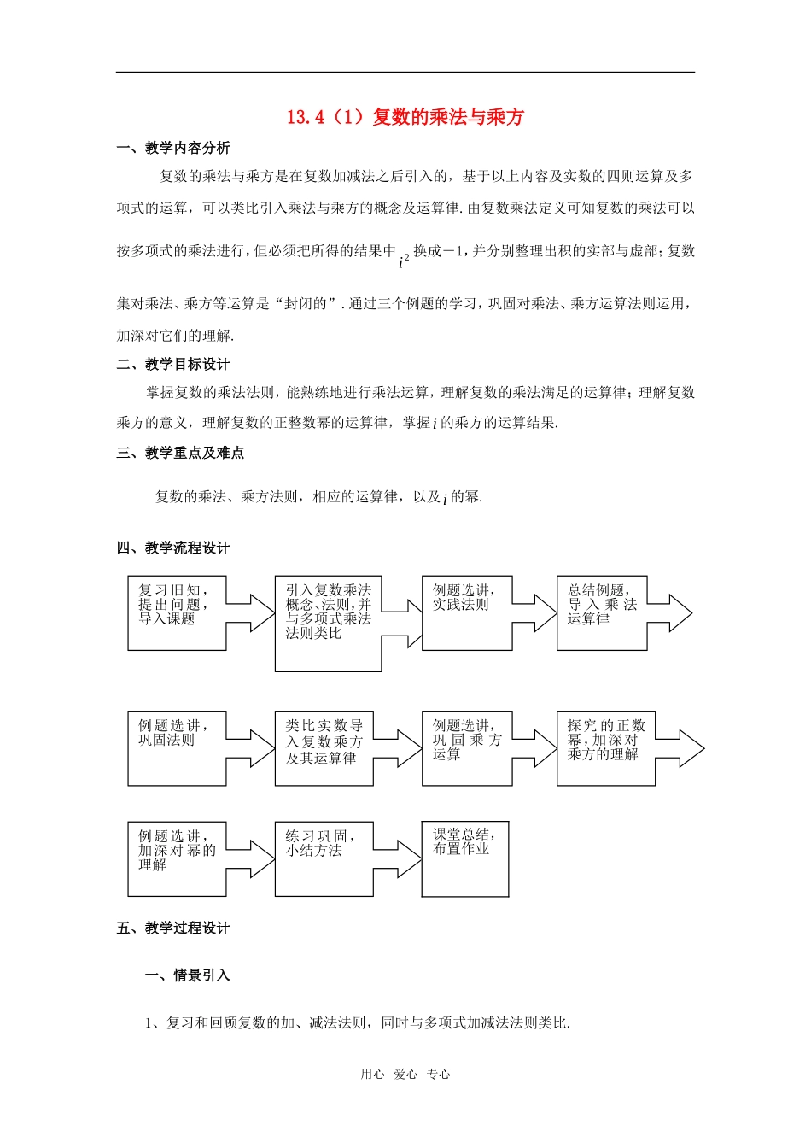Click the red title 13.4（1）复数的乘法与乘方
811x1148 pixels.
[x=405, y=117]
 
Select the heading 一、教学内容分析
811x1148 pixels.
[x=173, y=148]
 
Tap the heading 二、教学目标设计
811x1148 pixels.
[x=173, y=364]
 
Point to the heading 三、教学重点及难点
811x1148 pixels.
[x=180, y=453]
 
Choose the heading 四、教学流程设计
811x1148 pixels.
[x=173, y=548]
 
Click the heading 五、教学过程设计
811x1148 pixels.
[x=173, y=928]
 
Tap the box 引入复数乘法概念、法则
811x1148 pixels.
[x=328, y=623]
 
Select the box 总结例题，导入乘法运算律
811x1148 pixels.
[x=602, y=612]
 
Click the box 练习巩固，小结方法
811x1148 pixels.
[x=324, y=858]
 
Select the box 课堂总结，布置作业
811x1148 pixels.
[x=465, y=858]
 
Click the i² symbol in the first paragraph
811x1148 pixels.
[x=404, y=259]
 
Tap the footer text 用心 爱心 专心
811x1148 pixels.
[x=405, y=1075]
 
